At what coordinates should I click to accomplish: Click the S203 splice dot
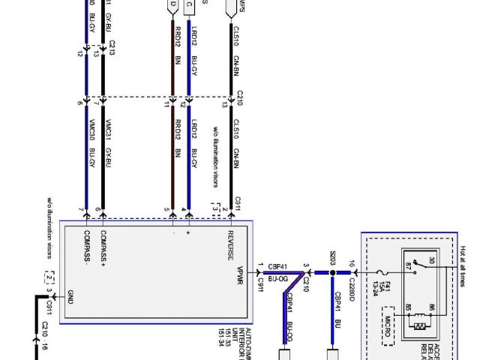tap(333, 273)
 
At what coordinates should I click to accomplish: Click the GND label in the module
tap(69, 294)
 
